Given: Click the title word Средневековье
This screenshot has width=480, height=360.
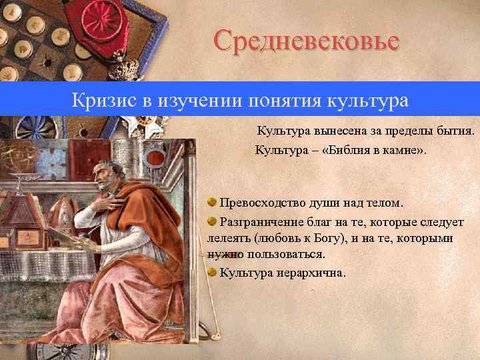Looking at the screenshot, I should tap(307, 41).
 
